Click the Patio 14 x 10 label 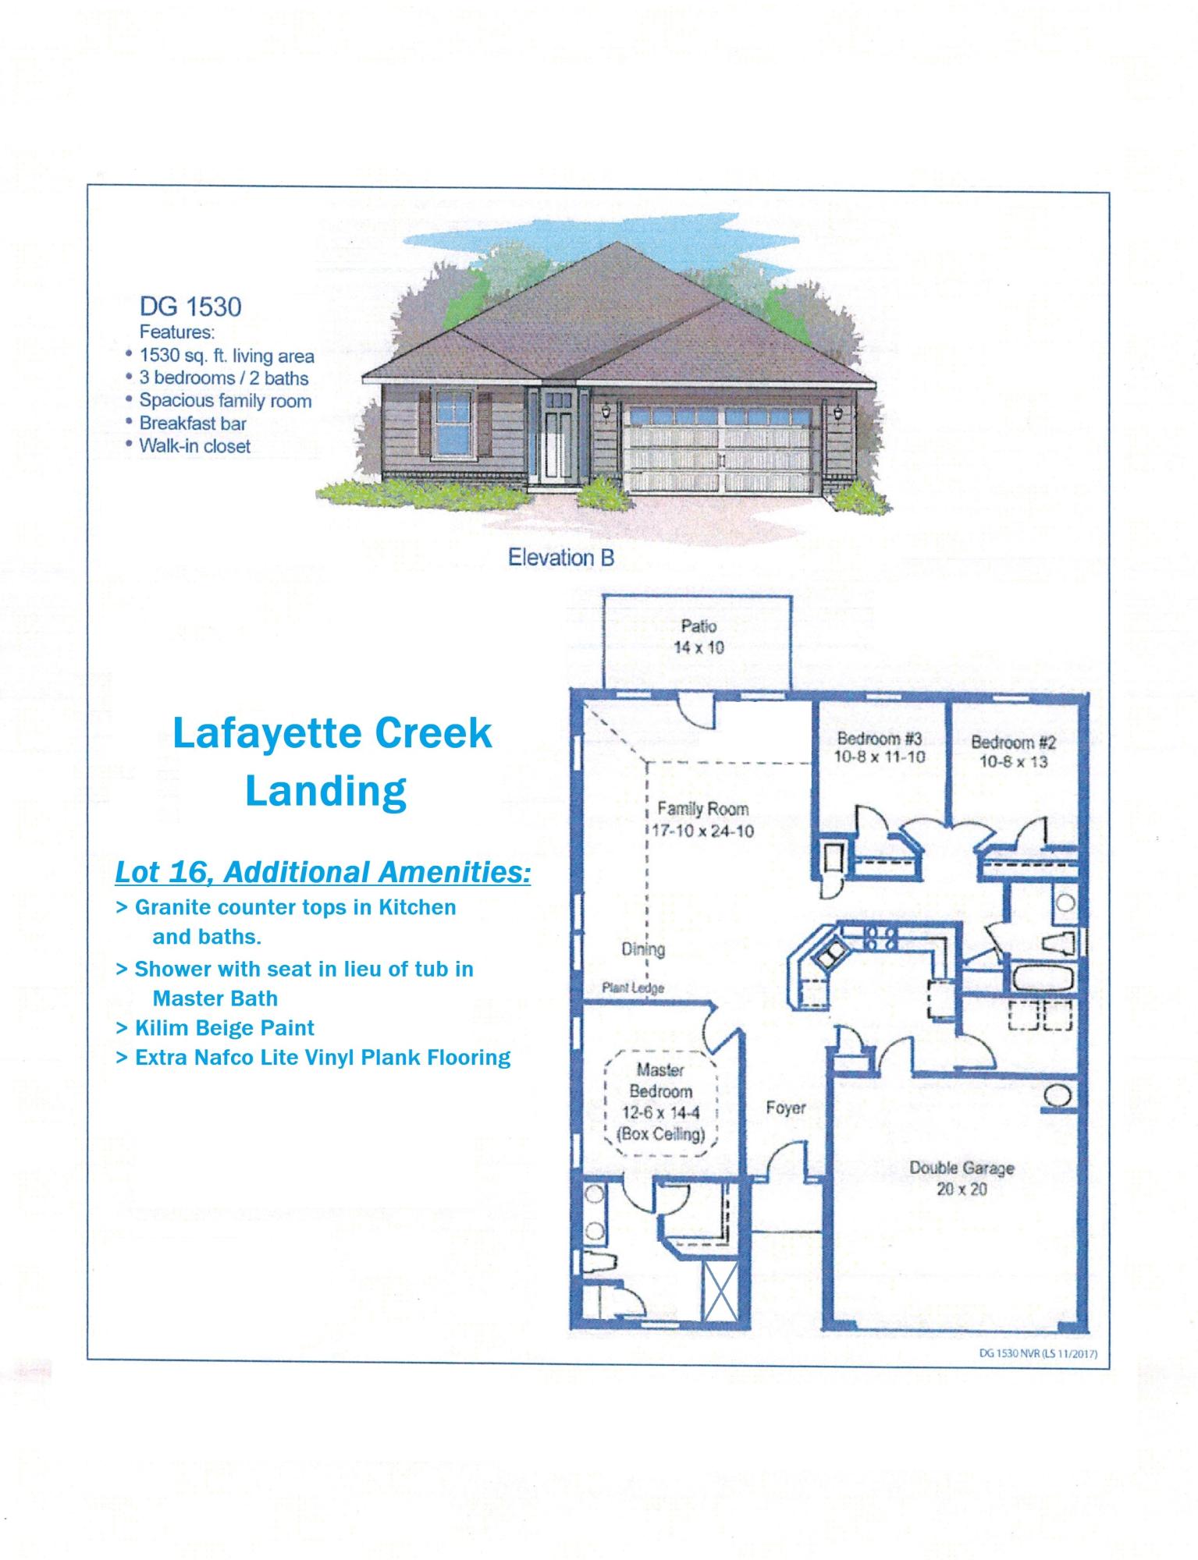click(x=699, y=636)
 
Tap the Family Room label click(x=702, y=820)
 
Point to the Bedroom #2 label click(x=1013, y=752)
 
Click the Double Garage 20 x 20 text click(x=962, y=1179)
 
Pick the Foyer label click(x=785, y=1108)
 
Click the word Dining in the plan click(x=643, y=949)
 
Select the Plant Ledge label click(x=633, y=988)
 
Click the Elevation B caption click(x=560, y=558)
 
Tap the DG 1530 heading click(x=190, y=307)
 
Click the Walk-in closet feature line click(x=194, y=446)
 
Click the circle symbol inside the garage click(x=1056, y=1095)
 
